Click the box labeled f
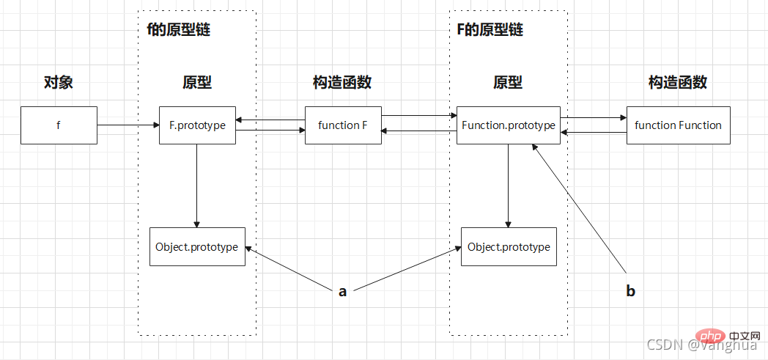pos(59,125)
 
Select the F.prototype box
pos(197,125)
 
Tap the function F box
pos(342,125)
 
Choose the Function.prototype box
pos(508,125)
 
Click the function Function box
pos(678,125)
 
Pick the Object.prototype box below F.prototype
pos(196,246)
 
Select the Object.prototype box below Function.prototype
pos(509,246)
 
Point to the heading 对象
pos(59,82)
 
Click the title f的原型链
pos(179,30)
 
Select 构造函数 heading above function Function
pos(678,82)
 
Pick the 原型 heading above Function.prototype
pos(508,82)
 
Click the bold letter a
pos(342,292)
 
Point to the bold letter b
pos(630,291)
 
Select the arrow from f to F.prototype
pos(128,125)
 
